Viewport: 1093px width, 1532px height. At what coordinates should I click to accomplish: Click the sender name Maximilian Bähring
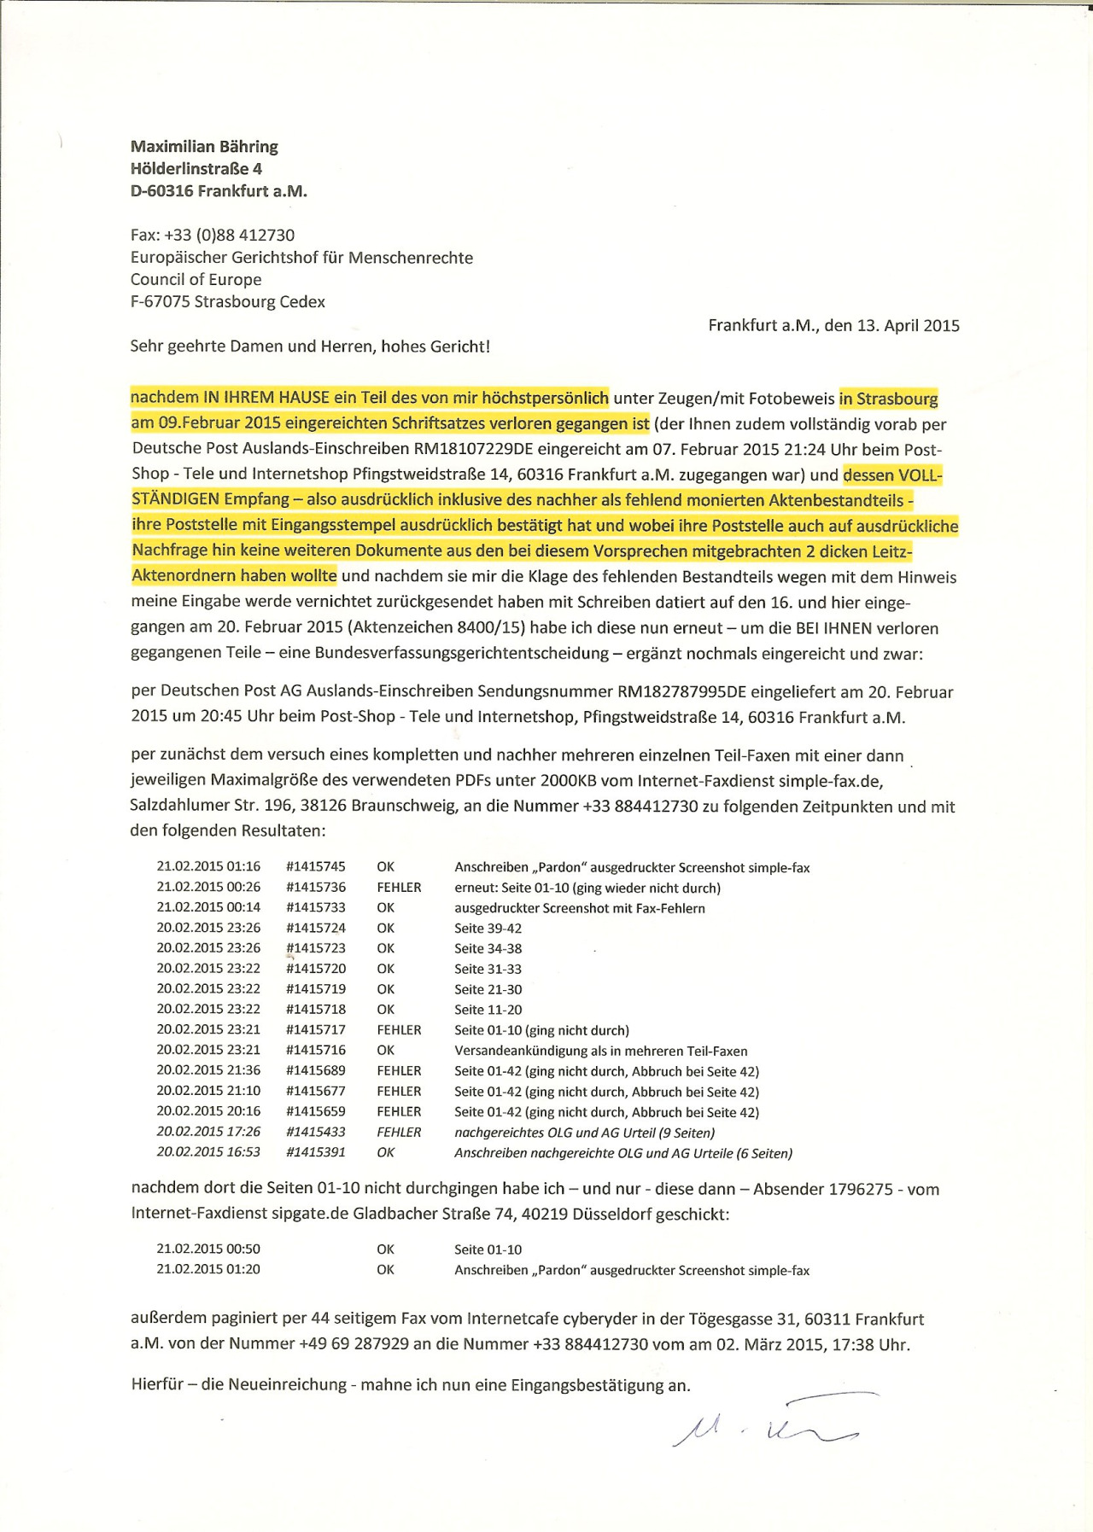204,147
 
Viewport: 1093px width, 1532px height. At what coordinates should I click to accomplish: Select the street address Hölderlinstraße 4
196,169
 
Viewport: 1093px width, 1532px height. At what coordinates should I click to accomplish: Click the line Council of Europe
196,279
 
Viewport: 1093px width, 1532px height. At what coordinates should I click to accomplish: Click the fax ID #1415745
316,867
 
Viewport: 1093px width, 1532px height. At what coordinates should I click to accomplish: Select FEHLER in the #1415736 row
399,888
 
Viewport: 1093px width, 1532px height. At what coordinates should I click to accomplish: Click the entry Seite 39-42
488,929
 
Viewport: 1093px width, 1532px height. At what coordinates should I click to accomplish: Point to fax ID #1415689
316,1070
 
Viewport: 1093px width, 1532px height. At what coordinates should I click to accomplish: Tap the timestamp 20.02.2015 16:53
208,1152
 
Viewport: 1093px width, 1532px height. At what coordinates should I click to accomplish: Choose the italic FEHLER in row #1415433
399,1132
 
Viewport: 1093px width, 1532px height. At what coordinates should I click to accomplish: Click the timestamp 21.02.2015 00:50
208,1249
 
